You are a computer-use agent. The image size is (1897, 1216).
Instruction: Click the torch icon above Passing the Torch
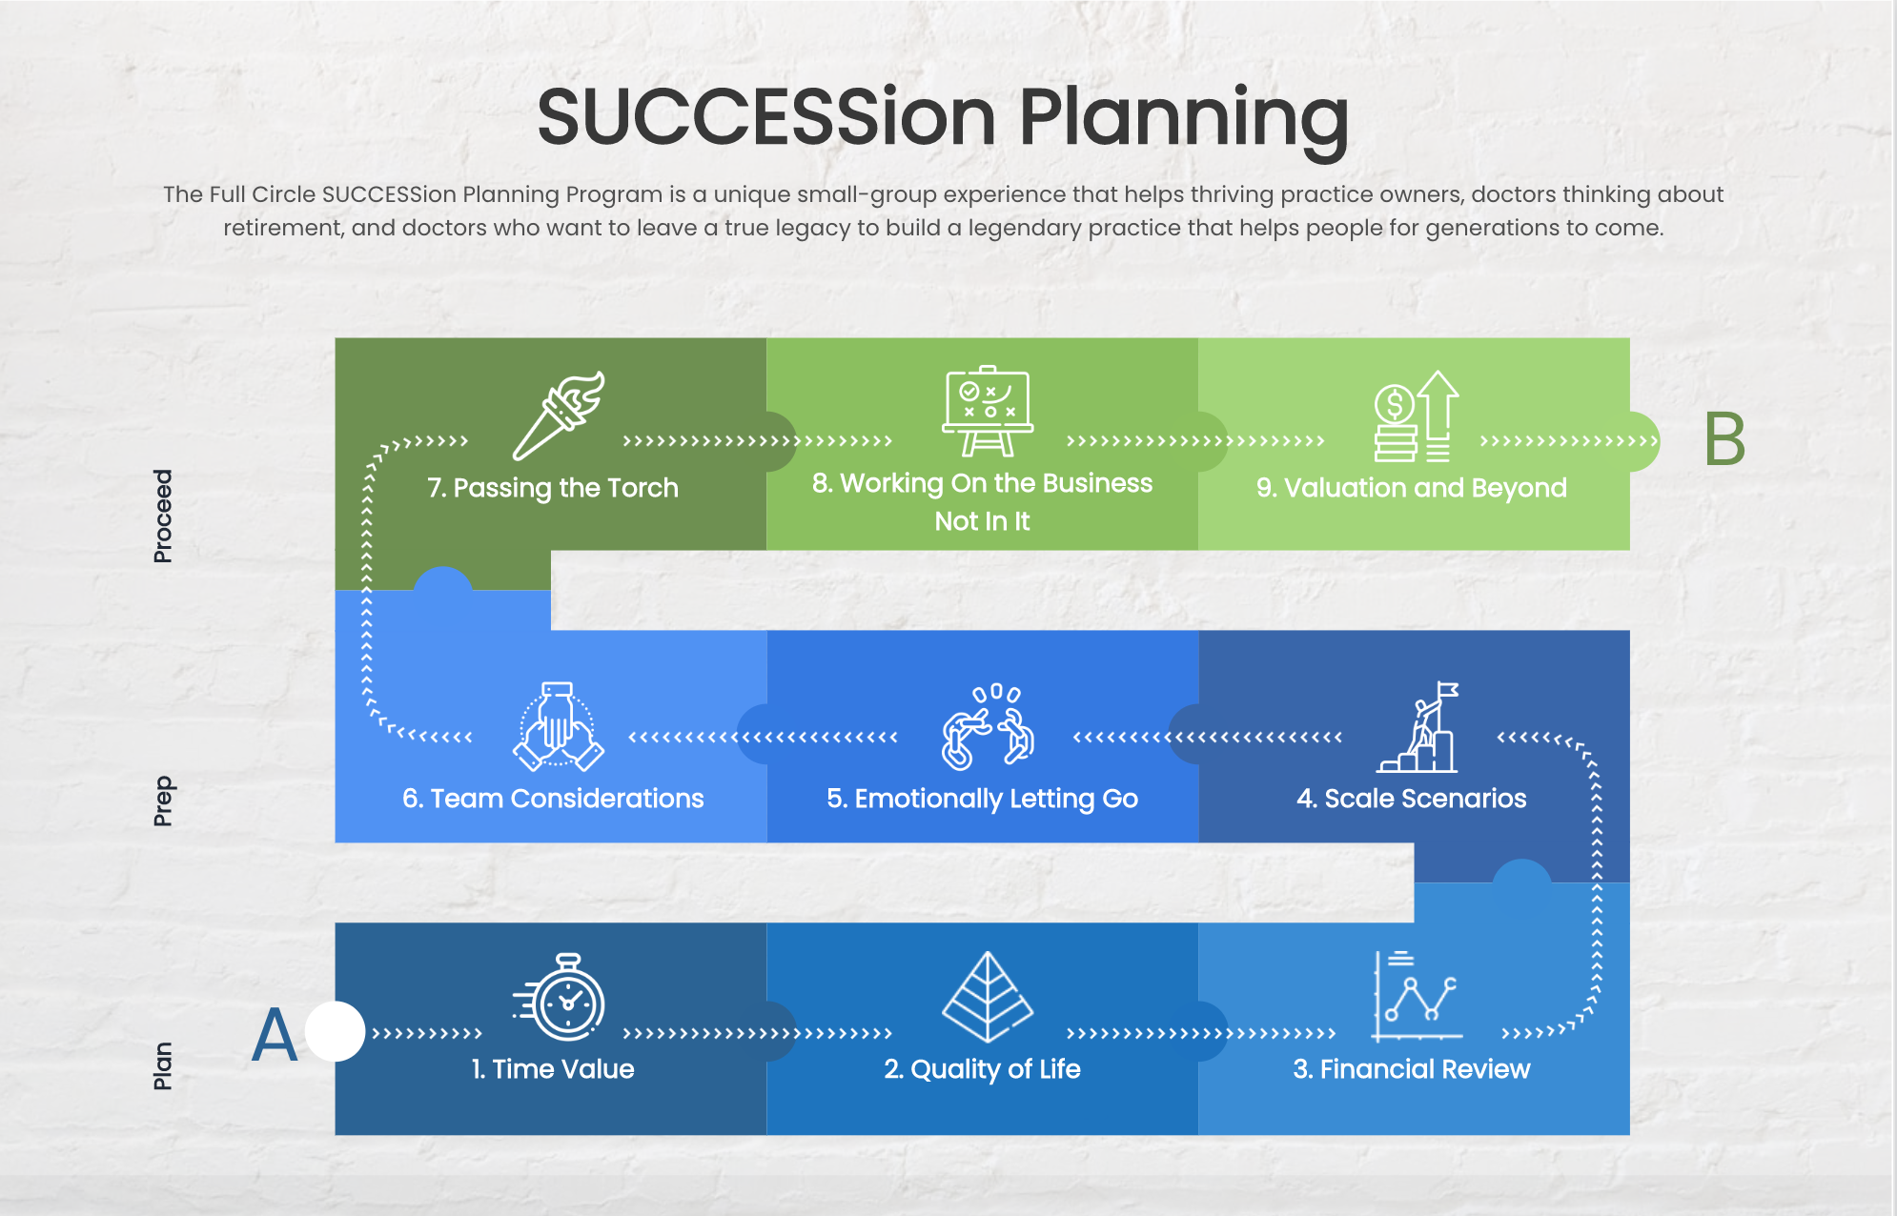point(559,415)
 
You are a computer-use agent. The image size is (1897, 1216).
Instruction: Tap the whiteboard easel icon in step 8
point(987,411)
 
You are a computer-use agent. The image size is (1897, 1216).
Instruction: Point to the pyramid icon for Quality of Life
point(988,997)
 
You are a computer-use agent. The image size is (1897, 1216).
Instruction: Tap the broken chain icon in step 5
point(989,726)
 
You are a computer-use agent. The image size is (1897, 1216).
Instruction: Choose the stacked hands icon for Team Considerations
point(559,726)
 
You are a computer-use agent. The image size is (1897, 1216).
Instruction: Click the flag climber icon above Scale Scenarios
point(1418,726)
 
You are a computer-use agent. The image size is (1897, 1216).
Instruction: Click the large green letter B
point(1724,439)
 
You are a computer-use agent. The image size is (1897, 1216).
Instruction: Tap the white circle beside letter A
point(335,1031)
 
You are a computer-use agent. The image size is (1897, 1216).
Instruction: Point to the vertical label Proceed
point(163,516)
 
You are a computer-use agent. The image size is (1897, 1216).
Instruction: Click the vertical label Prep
point(163,801)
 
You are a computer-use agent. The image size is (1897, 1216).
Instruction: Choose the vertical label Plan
point(163,1065)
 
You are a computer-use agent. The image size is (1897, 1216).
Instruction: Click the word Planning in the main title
point(1184,118)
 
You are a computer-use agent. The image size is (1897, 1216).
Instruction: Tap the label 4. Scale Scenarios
point(1412,799)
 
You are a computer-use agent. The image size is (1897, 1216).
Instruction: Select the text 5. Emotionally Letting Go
point(983,799)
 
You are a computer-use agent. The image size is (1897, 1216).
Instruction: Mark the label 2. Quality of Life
point(983,1069)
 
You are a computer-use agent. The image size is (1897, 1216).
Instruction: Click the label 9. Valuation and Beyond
point(1412,488)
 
